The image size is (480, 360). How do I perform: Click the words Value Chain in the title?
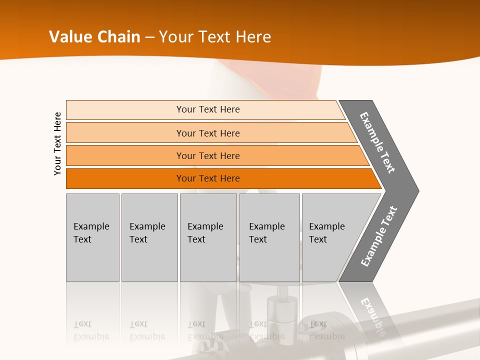94,37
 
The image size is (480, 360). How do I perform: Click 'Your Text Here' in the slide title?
215,37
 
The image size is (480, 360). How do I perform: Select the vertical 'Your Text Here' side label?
57,143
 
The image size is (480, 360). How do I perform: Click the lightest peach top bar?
125,110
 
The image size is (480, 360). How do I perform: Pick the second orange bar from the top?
125,133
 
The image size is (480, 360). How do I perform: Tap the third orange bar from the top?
125,155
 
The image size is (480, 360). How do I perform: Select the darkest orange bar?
125,178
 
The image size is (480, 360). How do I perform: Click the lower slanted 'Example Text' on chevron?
379,236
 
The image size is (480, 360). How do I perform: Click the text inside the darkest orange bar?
208,178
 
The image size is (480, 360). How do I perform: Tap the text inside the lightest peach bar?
208,109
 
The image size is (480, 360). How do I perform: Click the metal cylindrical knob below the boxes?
280,312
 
